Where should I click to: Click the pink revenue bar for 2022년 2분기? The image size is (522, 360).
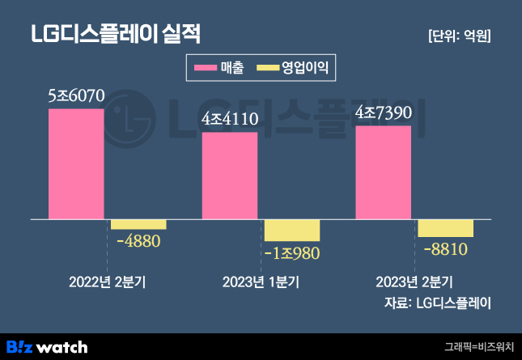[x=76, y=163]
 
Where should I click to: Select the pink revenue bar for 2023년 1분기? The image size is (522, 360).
[x=230, y=176]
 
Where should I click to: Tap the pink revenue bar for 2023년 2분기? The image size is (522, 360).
[x=384, y=172]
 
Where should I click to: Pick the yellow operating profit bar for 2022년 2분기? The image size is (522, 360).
[x=138, y=224]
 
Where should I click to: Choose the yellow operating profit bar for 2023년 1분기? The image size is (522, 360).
[x=292, y=230]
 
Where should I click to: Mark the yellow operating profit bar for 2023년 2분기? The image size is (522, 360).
[x=445, y=227]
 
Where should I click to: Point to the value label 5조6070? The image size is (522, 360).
[x=77, y=96]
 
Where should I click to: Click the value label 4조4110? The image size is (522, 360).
[x=230, y=121]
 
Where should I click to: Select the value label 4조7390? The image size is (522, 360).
[x=384, y=113]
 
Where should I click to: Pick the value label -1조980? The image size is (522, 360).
[x=292, y=253]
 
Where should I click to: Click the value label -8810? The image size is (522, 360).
[x=446, y=248]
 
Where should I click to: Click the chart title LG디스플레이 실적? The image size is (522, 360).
[x=115, y=35]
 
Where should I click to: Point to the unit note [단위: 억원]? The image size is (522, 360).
[x=460, y=36]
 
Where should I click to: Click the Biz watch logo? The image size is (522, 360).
[x=47, y=346]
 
